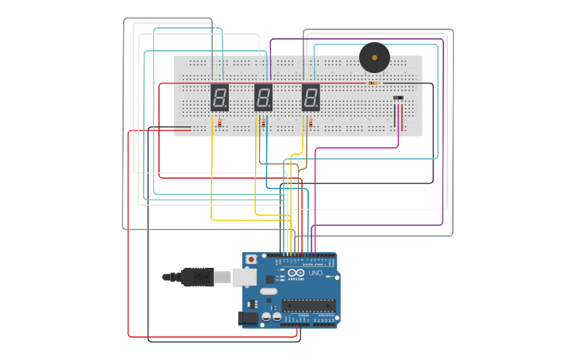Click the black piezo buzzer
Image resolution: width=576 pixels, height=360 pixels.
pyautogui.click(x=374, y=57)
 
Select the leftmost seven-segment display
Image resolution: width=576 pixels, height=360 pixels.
pyautogui.click(x=219, y=98)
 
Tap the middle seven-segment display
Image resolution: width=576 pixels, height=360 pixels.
pyautogui.click(x=264, y=98)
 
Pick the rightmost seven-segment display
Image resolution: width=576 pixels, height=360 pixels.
pyautogui.click(x=311, y=98)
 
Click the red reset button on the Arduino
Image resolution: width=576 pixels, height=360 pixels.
pyautogui.click(x=252, y=259)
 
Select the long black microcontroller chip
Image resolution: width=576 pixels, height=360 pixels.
pyautogui.click(x=310, y=304)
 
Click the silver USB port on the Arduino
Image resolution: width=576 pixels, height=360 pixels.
pyautogui.click(x=243, y=277)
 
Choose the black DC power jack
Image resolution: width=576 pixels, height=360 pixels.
pyautogui.click(x=248, y=318)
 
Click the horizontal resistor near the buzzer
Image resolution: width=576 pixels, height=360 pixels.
pyautogui.click(x=373, y=82)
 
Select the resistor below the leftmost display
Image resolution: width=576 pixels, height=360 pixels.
pyautogui.click(x=219, y=123)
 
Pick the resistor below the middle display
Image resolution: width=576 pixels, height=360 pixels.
pyautogui.click(x=263, y=123)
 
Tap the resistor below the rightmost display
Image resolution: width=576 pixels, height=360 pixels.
pyautogui.click(x=311, y=123)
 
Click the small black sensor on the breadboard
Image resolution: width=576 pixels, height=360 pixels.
pyautogui.click(x=398, y=98)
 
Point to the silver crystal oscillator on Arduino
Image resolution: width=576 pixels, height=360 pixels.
pyautogui.click(x=268, y=292)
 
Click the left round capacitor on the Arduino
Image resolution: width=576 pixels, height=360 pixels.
pyautogui.click(x=267, y=316)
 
